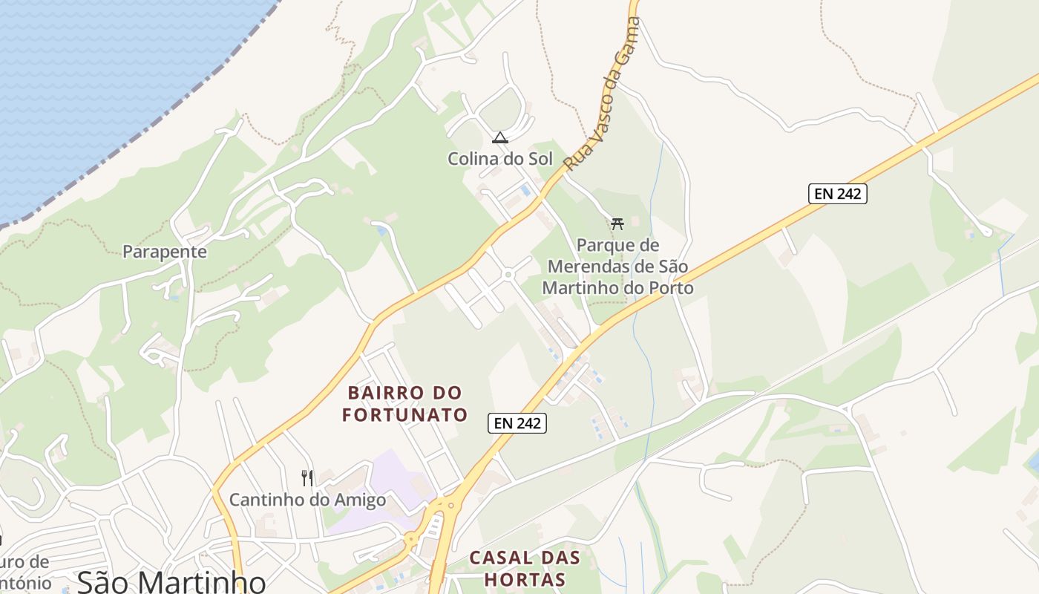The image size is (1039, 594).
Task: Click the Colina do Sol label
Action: [500, 158]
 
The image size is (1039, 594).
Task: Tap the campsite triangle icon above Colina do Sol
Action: [500, 137]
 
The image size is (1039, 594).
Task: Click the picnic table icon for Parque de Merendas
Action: [617, 223]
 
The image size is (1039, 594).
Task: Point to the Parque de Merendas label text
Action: [617, 266]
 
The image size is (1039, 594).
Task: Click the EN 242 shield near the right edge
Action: [838, 194]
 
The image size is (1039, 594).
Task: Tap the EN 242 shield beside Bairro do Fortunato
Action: [517, 423]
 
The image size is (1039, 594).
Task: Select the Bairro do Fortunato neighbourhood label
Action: [405, 403]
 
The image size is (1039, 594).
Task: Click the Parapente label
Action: [165, 252]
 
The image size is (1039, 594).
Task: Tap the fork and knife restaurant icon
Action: [307, 477]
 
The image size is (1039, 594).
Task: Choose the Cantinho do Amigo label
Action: [307, 500]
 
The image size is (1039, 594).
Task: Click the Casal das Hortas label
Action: [528, 568]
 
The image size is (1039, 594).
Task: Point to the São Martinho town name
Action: [171, 581]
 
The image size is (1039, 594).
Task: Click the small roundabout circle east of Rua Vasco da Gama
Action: [508, 275]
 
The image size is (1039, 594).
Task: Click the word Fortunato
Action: [405, 414]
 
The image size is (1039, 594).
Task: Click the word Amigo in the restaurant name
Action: [360, 500]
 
